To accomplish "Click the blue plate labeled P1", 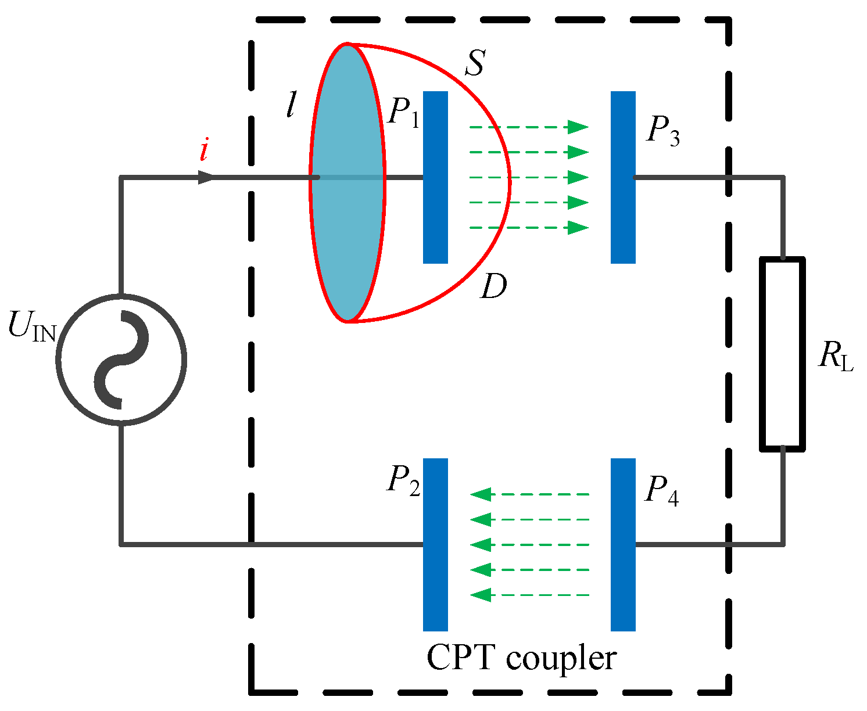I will coord(435,177).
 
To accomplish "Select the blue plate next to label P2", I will coord(435,544).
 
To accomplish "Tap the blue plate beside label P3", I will coord(623,177).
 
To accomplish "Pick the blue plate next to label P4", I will coord(623,544).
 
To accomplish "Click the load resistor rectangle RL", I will coord(782,354).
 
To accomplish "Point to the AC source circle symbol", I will coord(121,360).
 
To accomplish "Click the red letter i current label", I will coord(203,151).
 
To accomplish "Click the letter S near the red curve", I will coord(474,64).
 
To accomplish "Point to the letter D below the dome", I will coord(493,287).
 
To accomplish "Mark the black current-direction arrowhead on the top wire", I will coord(206,177).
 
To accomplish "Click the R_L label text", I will coord(836,356).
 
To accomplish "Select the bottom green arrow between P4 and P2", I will coord(529,595).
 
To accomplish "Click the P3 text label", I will coord(662,132).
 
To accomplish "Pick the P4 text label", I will coord(661,493).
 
